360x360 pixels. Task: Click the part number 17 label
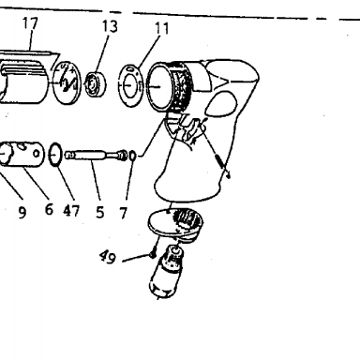click(x=31, y=23)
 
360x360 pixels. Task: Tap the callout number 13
click(x=110, y=26)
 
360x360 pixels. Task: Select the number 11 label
click(x=162, y=28)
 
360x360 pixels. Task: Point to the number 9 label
click(x=22, y=213)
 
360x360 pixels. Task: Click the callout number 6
click(x=49, y=209)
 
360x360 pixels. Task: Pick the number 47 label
click(x=71, y=211)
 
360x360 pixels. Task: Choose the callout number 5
click(x=99, y=212)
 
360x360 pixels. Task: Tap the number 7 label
click(x=124, y=213)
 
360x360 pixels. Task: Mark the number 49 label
click(x=108, y=257)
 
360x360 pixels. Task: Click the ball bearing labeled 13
click(x=96, y=84)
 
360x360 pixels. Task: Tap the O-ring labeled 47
click(x=56, y=155)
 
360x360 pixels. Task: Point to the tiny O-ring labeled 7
click(x=132, y=156)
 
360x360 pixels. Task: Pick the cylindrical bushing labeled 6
click(x=21, y=154)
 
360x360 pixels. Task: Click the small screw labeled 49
click(x=153, y=255)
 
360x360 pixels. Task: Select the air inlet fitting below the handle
click(x=167, y=271)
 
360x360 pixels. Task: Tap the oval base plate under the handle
click(x=175, y=224)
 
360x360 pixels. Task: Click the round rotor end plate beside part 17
click(x=67, y=82)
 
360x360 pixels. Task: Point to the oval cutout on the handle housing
click(x=221, y=103)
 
